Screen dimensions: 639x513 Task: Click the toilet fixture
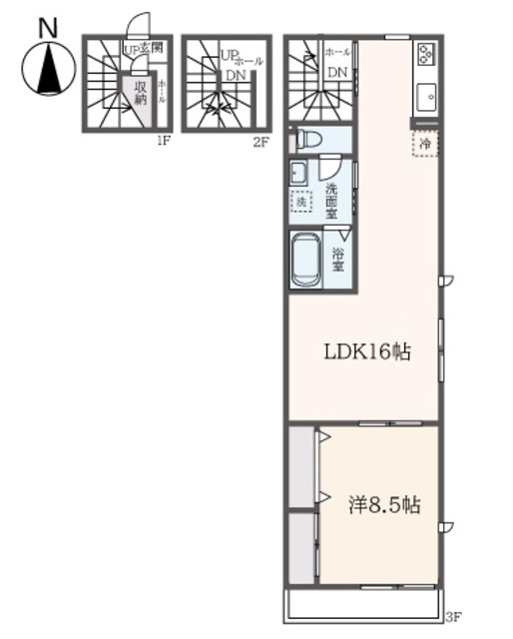(308, 141)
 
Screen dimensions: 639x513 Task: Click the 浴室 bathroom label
(337, 259)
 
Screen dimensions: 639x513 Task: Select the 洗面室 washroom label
(330, 199)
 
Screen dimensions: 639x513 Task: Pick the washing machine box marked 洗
(301, 201)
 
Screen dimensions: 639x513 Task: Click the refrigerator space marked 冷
(425, 144)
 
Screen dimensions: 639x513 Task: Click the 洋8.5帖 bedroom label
(383, 505)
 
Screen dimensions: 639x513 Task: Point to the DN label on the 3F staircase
(337, 71)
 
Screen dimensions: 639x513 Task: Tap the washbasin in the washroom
(298, 173)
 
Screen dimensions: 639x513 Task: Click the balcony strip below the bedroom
(364, 605)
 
